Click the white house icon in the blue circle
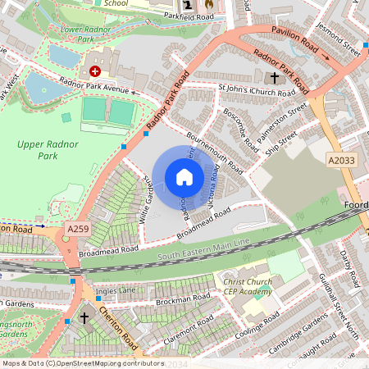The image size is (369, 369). click(x=184, y=177)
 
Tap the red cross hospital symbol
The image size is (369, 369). click(x=95, y=72)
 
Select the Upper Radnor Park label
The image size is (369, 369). click(x=40, y=149)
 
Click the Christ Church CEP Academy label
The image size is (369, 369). click(x=248, y=287)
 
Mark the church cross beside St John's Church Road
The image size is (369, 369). click(x=274, y=80)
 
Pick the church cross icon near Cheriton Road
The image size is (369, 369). click(x=84, y=317)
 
